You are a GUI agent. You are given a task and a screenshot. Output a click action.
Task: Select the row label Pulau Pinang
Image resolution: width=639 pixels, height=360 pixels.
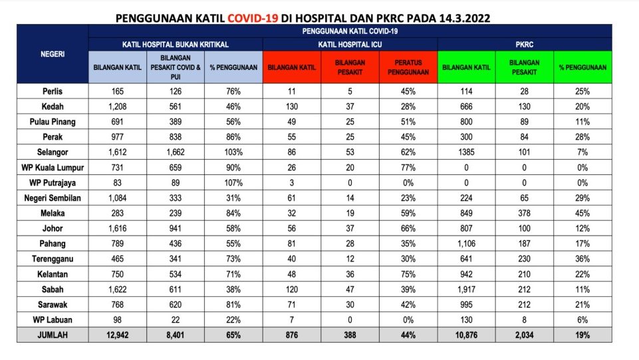[53, 122]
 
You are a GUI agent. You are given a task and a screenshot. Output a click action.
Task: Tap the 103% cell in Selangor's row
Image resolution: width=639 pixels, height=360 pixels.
[233, 152]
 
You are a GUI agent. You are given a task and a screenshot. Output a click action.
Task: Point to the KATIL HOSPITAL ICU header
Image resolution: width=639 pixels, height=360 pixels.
[350, 44]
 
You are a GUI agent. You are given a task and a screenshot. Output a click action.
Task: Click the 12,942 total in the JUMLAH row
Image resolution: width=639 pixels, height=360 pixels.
[117, 335]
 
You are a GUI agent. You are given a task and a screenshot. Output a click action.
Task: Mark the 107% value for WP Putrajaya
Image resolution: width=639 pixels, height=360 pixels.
[233, 183]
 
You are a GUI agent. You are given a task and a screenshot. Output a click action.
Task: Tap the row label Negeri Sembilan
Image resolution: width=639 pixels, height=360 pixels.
[53, 198]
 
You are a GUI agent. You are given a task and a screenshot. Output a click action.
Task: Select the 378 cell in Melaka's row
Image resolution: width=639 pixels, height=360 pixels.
[524, 213]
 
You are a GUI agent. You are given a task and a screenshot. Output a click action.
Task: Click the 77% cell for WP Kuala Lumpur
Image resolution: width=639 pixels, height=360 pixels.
[408, 168]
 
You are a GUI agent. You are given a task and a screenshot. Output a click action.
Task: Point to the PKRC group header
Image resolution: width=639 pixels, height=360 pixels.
[524, 44]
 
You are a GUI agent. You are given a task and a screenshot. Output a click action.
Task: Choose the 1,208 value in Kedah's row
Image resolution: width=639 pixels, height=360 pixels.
[117, 106]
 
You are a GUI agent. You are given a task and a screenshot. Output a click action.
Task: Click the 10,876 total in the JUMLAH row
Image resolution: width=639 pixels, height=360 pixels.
[466, 335]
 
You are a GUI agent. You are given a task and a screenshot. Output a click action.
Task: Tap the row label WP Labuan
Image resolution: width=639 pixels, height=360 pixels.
[53, 319]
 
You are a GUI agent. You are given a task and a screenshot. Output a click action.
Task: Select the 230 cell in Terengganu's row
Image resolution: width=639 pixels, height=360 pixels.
[524, 259]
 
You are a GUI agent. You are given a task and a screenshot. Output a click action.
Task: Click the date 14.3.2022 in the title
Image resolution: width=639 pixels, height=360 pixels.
[464, 18]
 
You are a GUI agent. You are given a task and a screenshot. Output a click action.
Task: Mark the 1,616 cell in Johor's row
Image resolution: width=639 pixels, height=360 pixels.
[117, 228]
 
